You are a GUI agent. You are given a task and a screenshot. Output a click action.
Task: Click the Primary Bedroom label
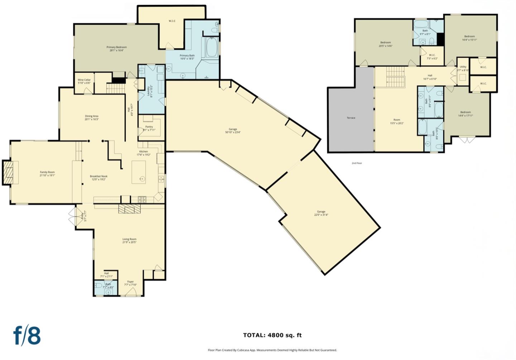[x=116, y=49]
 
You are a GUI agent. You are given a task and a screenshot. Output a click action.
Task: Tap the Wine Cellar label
[x=84, y=81]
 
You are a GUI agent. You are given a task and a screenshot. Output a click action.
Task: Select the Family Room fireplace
[x=9, y=173]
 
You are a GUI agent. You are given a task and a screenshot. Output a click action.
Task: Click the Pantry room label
[x=149, y=128]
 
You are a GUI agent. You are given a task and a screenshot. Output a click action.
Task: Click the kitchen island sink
[x=142, y=178]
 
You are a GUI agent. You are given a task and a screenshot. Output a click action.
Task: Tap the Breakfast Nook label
[x=99, y=178]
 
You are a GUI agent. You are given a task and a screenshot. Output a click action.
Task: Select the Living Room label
[x=129, y=241]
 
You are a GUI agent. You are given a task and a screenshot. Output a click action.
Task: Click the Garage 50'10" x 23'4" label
[x=233, y=131]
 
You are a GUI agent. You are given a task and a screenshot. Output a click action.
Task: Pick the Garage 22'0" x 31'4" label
[x=321, y=213]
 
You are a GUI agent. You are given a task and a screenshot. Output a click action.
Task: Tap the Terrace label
[x=351, y=118]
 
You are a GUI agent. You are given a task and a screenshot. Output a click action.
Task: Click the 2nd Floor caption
[x=357, y=163]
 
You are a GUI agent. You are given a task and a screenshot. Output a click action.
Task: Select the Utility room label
[x=463, y=68]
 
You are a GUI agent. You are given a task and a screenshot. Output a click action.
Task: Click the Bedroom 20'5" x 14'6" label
[x=386, y=44]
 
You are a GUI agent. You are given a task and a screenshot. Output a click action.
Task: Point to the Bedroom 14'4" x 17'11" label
[x=465, y=114]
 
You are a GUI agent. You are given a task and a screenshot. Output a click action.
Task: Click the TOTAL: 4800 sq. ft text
[x=272, y=335]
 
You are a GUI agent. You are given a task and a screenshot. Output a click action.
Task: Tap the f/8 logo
[x=27, y=336]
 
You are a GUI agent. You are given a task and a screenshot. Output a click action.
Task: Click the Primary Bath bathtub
[x=211, y=48]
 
